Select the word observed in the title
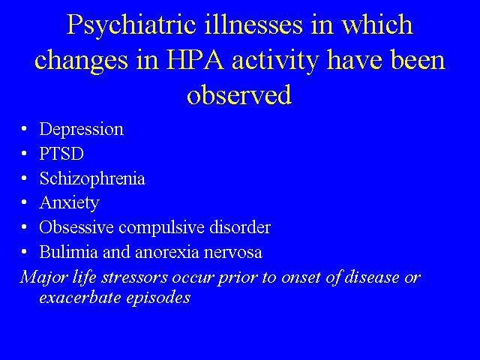click(x=239, y=94)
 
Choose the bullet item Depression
click(x=82, y=130)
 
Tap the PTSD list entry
click(x=61, y=154)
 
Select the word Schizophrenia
click(x=92, y=178)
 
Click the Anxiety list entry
click(x=70, y=203)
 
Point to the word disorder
click(x=240, y=227)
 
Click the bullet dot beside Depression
click(x=24, y=129)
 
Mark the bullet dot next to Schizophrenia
click(x=24, y=178)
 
